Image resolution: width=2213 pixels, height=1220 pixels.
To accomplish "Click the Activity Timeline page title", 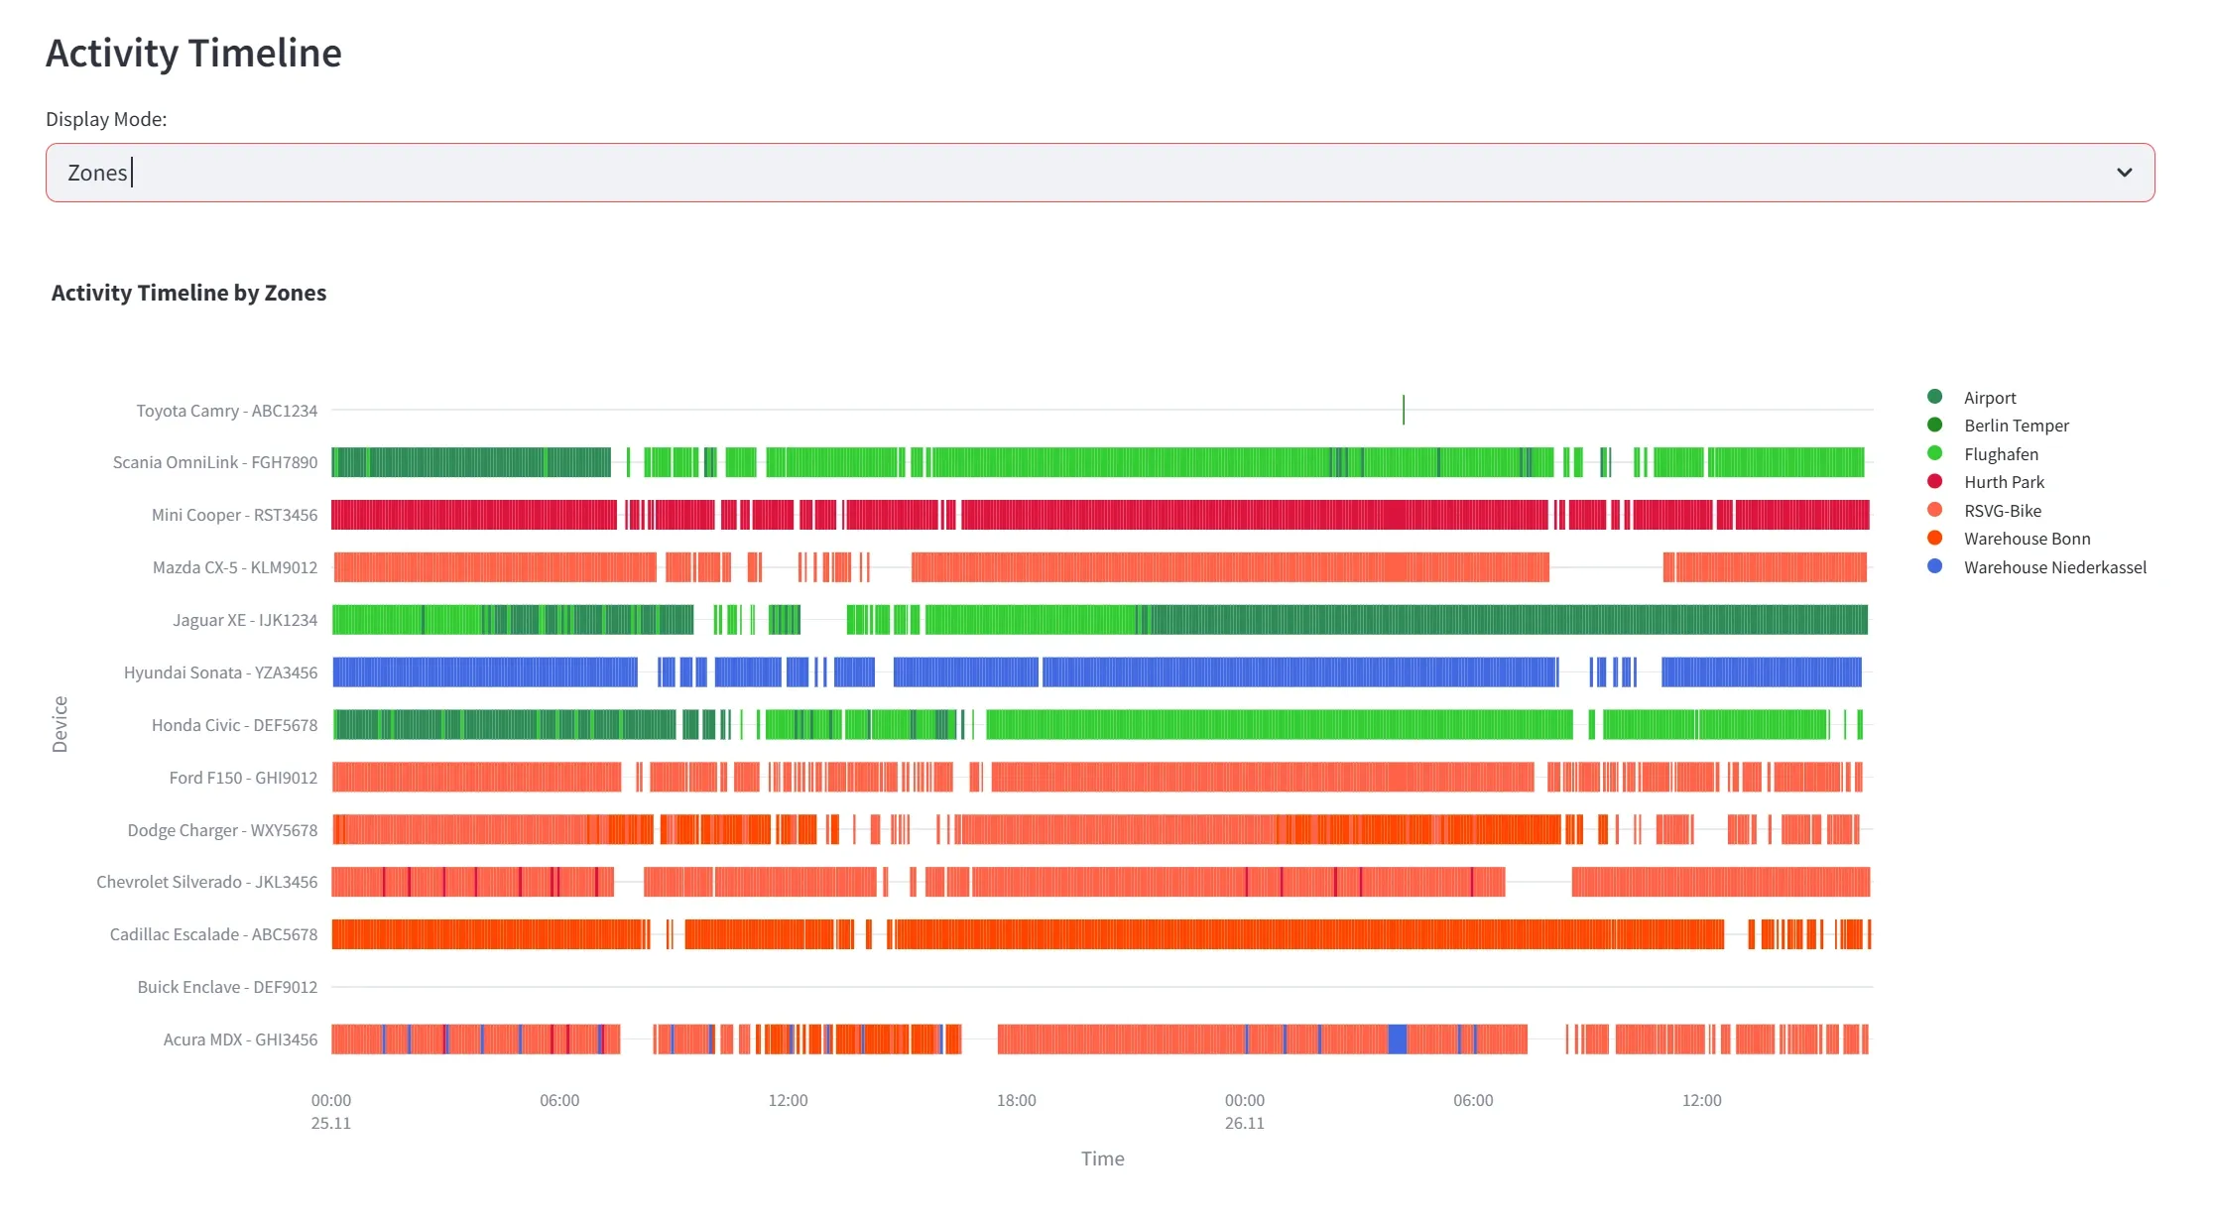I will pos(193,54).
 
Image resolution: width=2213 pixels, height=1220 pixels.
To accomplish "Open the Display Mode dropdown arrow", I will pos(2124,173).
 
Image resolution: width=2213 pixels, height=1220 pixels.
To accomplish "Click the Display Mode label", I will pos(106,119).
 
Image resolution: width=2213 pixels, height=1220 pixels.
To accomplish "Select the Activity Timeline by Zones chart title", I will pos(188,293).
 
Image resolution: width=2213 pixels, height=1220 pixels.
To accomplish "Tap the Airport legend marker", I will pos(1934,397).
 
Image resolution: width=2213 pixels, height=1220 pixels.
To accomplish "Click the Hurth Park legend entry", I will pos(2004,482).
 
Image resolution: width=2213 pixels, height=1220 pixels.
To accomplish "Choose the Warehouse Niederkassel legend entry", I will pos(2054,567).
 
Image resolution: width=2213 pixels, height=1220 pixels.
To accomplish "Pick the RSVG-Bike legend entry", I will pos(2002,511).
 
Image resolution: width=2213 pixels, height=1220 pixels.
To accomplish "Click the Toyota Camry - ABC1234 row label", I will pos(226,411).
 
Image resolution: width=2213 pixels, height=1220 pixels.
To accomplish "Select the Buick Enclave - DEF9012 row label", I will pos(227,987).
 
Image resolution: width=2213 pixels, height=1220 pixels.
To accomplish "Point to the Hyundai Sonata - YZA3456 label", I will pos(220,672).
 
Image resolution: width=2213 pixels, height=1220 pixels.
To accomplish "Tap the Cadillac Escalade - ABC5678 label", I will pos(213,934).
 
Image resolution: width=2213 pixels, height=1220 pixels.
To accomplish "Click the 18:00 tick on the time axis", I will pos(1016,1100).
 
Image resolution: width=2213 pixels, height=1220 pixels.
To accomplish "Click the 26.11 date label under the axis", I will pos(1244,1123).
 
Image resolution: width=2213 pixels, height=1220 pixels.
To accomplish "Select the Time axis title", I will pos(1102,1159).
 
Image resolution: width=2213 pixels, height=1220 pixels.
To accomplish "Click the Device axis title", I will pos(60,724).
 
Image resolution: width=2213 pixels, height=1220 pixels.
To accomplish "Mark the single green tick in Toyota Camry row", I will pos(1404,410).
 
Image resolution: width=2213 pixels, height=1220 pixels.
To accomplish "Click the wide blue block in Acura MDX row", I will pos(1397,1039).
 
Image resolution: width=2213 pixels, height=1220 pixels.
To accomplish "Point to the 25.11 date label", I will pos(330,1123).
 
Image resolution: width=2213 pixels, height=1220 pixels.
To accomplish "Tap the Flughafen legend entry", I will pos(2001,454).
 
